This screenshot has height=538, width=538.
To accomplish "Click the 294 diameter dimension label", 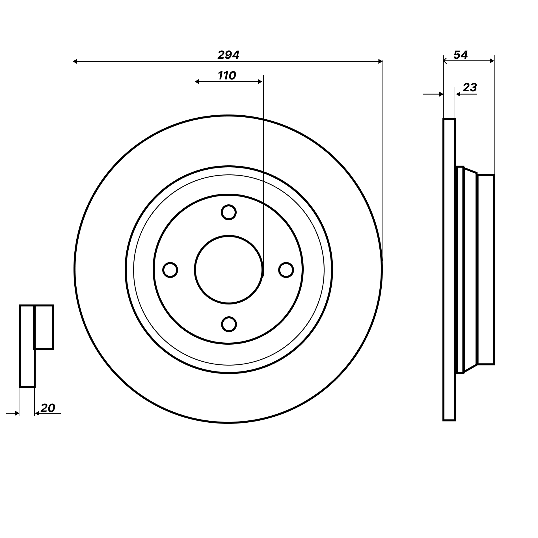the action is (228, 55).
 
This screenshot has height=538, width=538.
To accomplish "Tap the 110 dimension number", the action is (227, 75).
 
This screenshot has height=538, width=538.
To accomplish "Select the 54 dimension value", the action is (461, 55).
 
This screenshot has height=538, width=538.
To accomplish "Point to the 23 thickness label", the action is (470, 87).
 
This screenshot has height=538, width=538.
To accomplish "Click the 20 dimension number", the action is (48, 408).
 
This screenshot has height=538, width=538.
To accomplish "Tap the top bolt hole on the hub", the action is (228, 212).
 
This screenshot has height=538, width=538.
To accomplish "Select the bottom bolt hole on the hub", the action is (229, 324).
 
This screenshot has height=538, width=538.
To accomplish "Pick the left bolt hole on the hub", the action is (170, 270).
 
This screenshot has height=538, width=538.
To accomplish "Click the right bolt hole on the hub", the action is (286, 270).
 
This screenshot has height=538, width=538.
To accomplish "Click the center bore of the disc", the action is (228, 270).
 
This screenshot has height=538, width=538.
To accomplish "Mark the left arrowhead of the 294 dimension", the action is (75, 61).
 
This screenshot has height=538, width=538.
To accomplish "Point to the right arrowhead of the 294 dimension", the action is (380, 61).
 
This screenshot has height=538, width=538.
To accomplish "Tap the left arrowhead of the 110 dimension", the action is (197, 82).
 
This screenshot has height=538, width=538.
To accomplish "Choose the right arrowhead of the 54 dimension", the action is (492, 61).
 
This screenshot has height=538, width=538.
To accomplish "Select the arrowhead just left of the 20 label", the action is (37, 413).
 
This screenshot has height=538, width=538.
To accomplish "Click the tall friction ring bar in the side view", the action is (449, 270).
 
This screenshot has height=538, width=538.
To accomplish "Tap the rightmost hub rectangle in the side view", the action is (486, 270).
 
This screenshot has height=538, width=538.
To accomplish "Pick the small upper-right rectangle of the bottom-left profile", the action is (44, 327).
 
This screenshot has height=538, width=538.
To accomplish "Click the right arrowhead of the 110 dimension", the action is (260, 82).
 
